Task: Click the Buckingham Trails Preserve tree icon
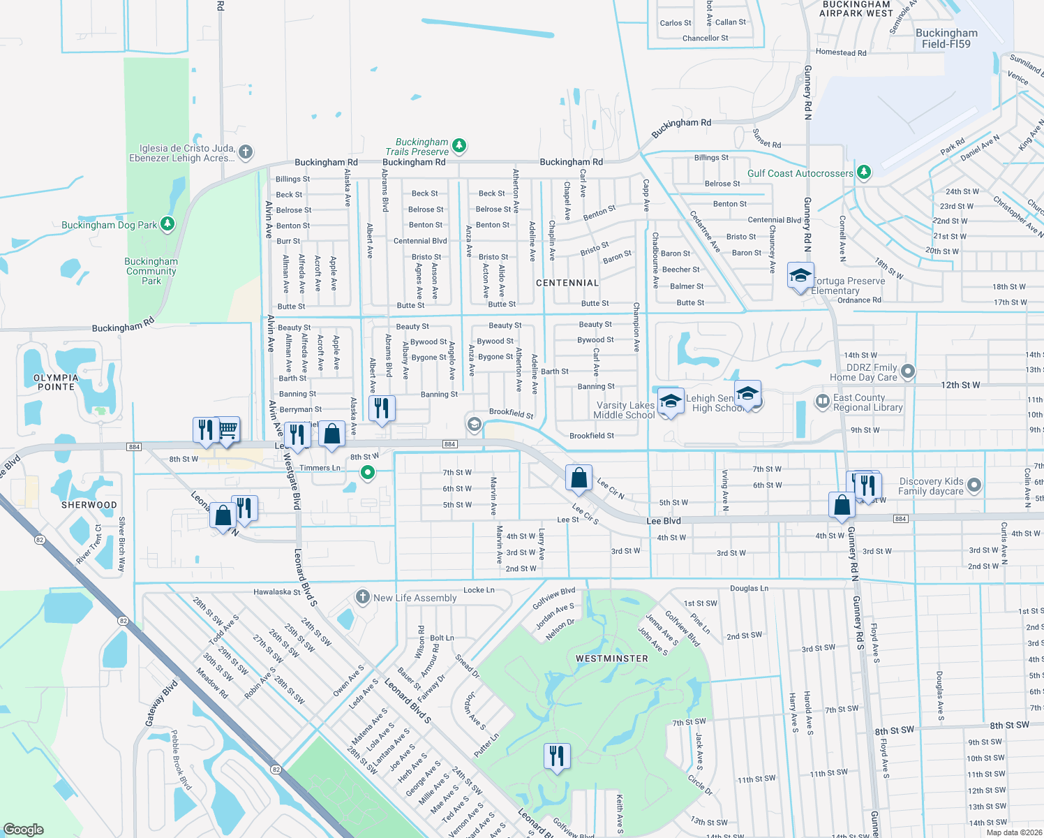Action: coord(459,146)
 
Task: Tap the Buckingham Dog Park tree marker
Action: coord(167,224)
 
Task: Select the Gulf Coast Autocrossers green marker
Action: coord(864,172)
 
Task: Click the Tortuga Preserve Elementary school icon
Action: coord(800,275)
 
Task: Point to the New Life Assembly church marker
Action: coord(362,597)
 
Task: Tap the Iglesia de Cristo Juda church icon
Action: coord(245,152)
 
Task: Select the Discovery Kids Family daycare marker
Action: coord(975,485)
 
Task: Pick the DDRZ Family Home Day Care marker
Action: coord(908,372)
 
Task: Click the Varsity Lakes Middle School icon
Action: coord(670,402)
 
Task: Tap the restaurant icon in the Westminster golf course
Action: coord(557,756)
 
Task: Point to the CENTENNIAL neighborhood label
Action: coord(567,283)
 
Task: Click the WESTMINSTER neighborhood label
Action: coord(612,659)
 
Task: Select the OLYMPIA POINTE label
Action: coord(56,382)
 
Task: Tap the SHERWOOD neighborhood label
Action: coord(89,505)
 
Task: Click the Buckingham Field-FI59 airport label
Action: coord(946,38)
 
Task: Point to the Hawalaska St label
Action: coord(277,592)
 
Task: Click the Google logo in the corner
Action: coord(24,830)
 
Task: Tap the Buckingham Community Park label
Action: coord(151,271)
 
